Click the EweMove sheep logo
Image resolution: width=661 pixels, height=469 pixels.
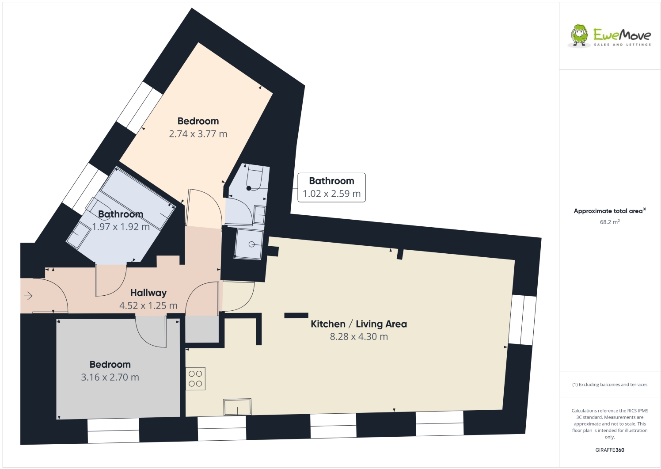click(x=579, y=35)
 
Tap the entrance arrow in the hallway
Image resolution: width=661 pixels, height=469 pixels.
click(x=28, y=296)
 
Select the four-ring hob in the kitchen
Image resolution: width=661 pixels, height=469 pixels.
click(x=195, y=379)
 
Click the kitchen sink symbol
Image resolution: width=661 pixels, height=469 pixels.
click(x=237, y=407)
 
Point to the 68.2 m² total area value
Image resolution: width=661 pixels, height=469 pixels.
click(x=609, y=222)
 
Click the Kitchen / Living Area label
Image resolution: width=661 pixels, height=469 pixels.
click(x=358, y=324)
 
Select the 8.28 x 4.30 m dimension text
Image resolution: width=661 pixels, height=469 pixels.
click(x=358, y=337)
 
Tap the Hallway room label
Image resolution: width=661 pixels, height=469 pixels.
click(x=148, y=293)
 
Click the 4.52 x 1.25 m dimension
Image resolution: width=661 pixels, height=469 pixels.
click(x=148, y=305)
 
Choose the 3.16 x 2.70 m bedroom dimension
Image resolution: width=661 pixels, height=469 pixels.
click(x=110, y=377)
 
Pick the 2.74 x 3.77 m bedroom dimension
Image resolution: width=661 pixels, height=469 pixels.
click(x=198, y=134)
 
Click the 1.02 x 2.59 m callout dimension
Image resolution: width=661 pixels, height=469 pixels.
click(x=331, y=194)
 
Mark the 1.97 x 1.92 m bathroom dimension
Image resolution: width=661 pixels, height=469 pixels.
click(x=121, y=227)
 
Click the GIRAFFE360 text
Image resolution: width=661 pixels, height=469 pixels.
click(x=609, y=450)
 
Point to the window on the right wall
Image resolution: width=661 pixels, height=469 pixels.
click(x=522, y=320)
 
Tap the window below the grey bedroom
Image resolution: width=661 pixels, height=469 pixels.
click(x=113, y=431)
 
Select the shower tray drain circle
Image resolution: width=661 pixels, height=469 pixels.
click(x=251, y=244)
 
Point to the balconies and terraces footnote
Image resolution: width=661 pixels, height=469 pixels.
click(x=609, y=385)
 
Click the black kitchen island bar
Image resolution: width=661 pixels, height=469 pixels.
click(x=296, y=315)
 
